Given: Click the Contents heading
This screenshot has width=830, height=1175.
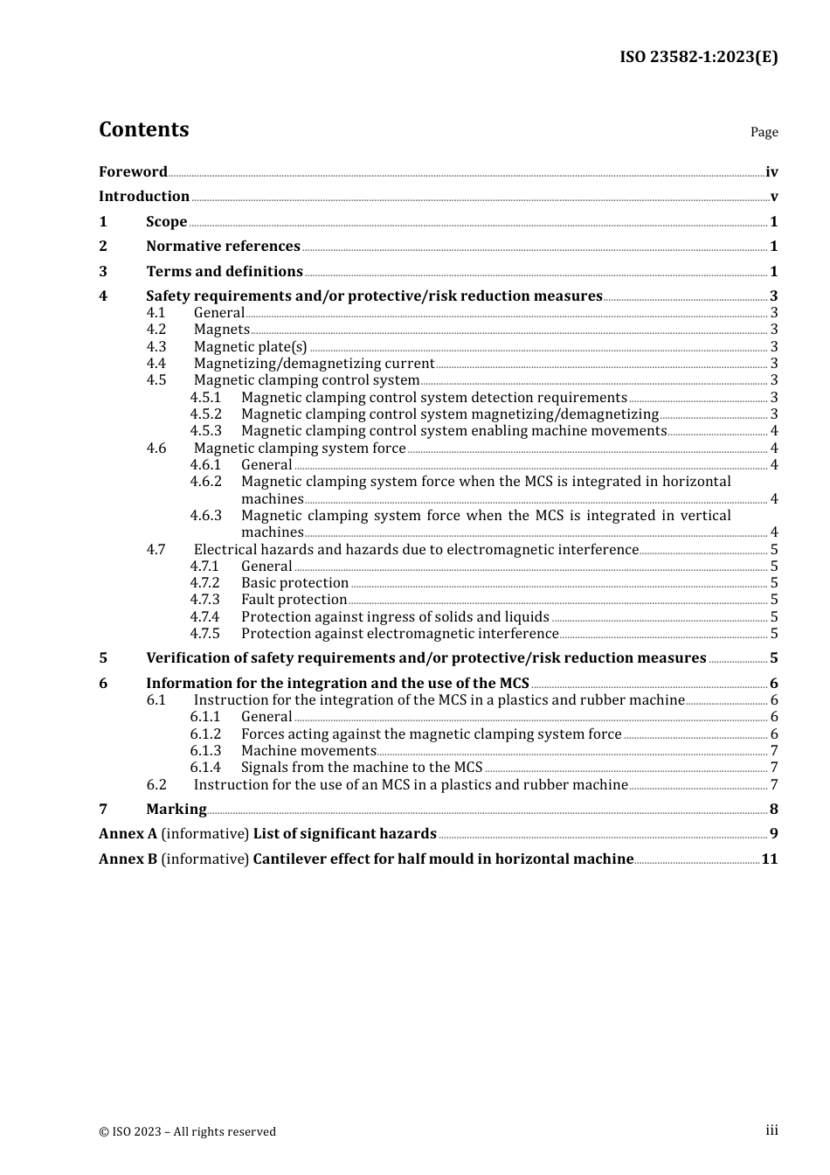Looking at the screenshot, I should point(143,129).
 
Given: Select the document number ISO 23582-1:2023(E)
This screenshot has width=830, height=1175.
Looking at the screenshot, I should point(698,57).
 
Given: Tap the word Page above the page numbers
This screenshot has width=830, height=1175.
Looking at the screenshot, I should point(764,132).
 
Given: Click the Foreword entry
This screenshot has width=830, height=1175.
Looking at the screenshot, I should point(133,172).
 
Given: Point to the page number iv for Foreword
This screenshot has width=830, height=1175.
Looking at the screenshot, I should point(771,172).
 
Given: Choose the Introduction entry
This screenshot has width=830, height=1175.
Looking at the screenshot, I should point(143,197).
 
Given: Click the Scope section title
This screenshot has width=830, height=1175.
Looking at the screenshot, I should point(166,222).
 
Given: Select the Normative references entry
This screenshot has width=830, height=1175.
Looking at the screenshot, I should point(223,247).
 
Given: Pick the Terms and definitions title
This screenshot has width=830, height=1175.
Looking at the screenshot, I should point(225,272).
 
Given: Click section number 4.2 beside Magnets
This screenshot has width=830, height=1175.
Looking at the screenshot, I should point(156,330).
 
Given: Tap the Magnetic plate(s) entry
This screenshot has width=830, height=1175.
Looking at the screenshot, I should point(251,347).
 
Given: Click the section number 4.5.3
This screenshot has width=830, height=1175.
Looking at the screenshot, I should point(206,431).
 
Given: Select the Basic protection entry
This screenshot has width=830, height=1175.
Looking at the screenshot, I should point(295,583).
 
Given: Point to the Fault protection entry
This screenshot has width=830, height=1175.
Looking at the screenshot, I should point(294,600).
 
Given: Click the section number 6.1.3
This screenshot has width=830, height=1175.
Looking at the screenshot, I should point(206,751).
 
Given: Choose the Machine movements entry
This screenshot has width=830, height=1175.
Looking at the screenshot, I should point(308,751).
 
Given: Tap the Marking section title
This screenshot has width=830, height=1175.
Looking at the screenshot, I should point(176,810).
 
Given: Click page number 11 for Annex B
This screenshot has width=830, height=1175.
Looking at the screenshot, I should point(769,859).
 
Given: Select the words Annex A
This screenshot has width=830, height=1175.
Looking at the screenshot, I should point(128,834).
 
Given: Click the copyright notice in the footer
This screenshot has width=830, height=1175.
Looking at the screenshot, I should point(187,1132).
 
